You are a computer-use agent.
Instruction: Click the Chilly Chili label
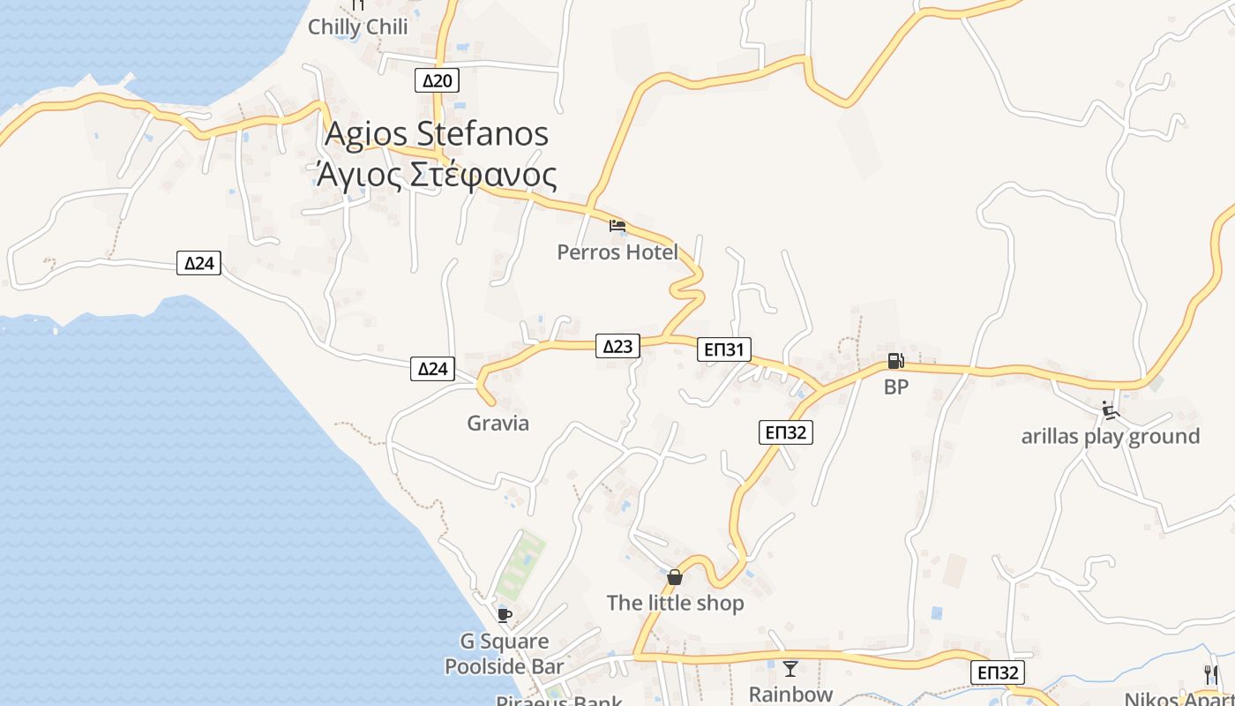pos(357,27)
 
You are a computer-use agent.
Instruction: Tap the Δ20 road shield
pos(437,81)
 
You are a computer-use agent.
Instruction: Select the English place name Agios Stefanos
pos(437,134)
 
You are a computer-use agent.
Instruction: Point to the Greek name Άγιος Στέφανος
pos(437,175)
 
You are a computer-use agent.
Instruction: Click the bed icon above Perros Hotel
pos(617,226)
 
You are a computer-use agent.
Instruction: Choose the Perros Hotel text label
pos(617,252)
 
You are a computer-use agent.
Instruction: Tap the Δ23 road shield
pos(617,346)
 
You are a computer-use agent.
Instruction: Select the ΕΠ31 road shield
pos(724,349)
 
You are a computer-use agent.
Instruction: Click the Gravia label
pos(498,424)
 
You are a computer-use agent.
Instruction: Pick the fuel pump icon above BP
pos(895,361)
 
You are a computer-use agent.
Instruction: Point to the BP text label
pos(895,387)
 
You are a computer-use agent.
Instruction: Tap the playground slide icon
pos(1110,410)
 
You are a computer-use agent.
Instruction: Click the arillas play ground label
pos(1110,436)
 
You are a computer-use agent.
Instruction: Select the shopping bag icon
pos(675,577)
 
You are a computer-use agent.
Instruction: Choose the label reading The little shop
pos(675,604)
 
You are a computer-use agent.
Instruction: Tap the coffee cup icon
pos(504,615)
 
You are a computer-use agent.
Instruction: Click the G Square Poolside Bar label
pos(504,654)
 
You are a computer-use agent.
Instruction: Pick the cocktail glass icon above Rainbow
pos(790,669)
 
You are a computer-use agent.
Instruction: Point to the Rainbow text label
pos(790,694)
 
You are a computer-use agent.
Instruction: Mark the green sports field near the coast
pos(520,565)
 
